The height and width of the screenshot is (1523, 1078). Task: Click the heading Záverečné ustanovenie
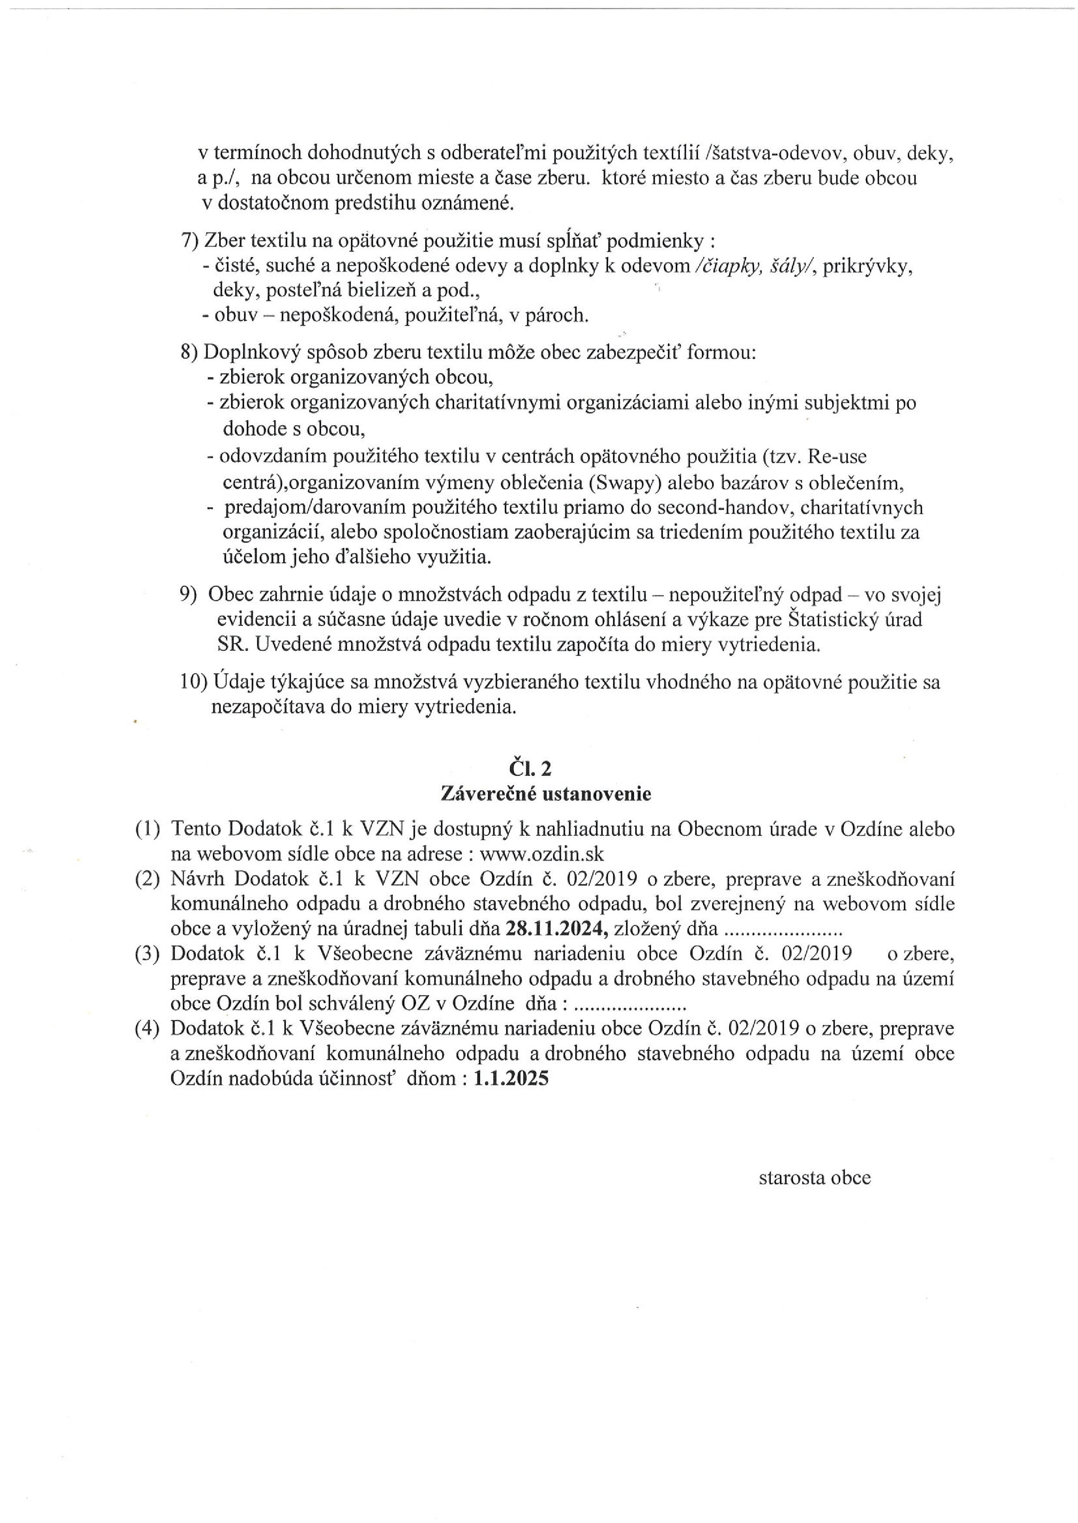(x=546, y=794)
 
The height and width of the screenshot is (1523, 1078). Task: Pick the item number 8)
(x=190, y=352)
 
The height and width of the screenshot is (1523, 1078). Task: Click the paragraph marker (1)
(x=147, y=829)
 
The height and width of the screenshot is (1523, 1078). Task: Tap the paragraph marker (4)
(x=147, y=1029)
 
